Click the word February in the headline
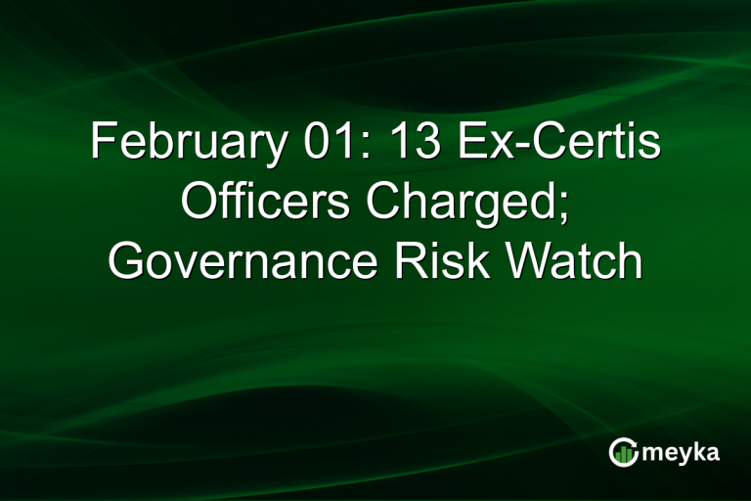(x=181, y=143)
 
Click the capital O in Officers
(x=199, y=203)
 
